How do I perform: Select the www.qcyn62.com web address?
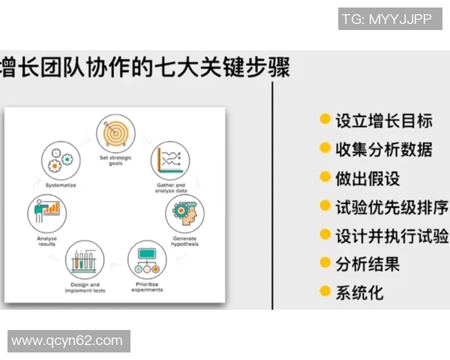pos(67,340)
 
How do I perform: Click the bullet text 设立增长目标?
pos(383,120)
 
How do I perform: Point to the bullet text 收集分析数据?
pos(383,148)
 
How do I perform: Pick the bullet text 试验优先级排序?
pos(391,206)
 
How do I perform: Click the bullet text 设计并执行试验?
pos(391,235)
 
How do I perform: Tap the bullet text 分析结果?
pos(367,263)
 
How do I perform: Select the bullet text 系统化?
pos(359,292)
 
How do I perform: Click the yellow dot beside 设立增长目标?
pos(325,119)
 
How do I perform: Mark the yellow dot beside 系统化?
pos(325,291)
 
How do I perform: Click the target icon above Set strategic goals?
pos(115,133)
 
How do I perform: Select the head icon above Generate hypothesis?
pos(184,213)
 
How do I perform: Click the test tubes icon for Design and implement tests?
pos(84,261)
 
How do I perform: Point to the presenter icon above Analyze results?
pos(46,212)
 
